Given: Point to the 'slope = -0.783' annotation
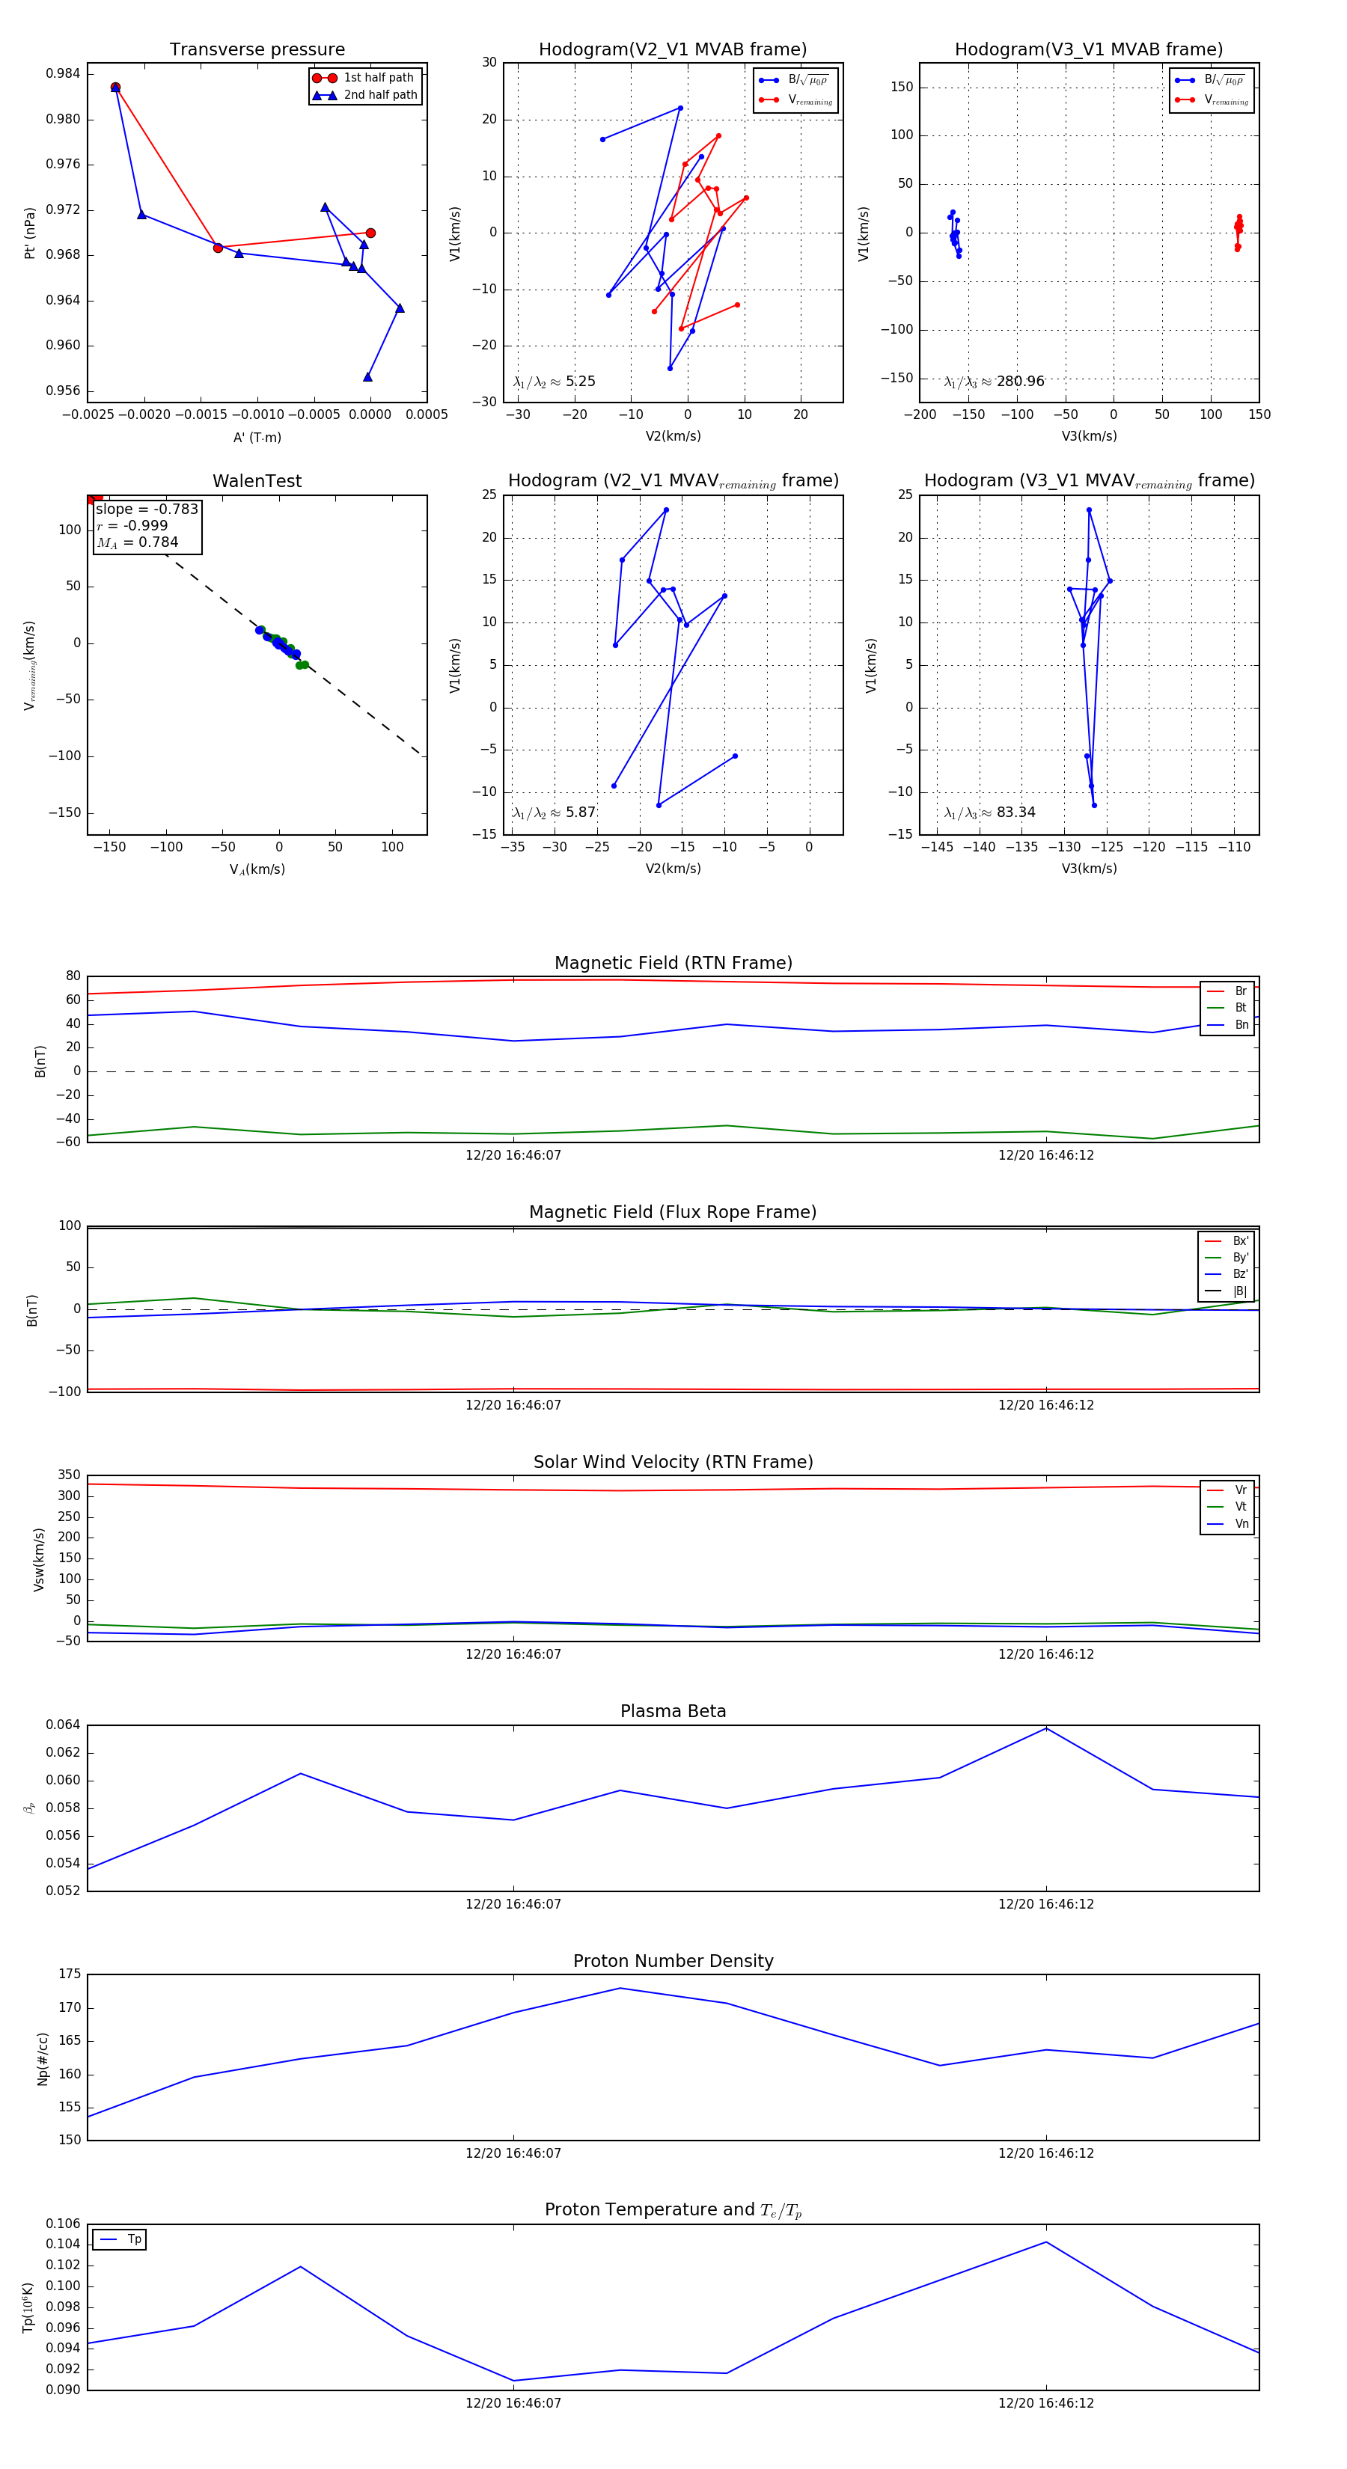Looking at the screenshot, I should (147, 509).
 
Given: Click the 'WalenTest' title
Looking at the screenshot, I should (257, 481).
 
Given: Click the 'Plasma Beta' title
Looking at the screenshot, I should (673, 1711).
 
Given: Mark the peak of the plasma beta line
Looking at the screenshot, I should (1046, 1728).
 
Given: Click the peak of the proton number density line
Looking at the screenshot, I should (620, 1988).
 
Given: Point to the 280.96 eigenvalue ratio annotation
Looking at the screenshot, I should (995, 382).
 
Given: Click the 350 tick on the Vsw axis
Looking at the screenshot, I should (69, 1475).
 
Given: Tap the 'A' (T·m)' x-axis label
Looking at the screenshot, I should (257, 438).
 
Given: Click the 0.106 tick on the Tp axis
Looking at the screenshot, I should (64, 2224).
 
